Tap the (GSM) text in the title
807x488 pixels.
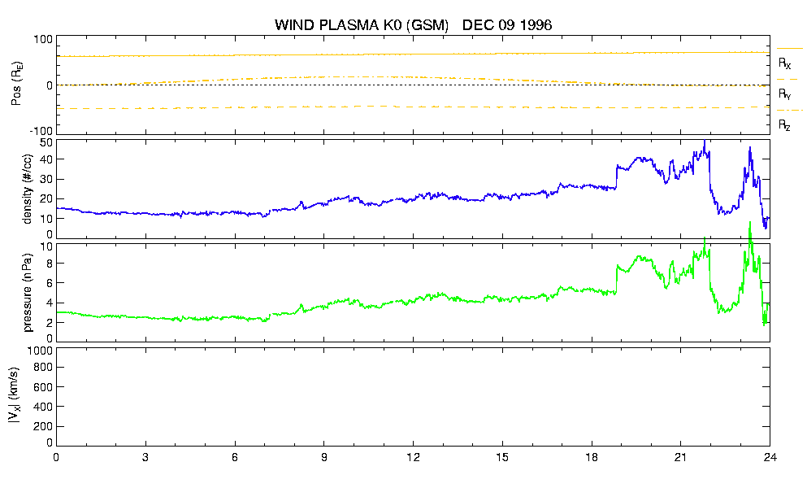427,25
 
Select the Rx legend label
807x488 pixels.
784,63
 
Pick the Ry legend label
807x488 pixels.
784,94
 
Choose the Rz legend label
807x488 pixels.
784,124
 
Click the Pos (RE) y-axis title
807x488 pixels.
16,84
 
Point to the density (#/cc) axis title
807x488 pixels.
28,190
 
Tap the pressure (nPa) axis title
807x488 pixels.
28,293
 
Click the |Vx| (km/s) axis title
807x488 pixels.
15,396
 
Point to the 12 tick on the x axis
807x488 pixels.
413,458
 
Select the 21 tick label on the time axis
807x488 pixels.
680,458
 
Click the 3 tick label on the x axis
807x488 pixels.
145,458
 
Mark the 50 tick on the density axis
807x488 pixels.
46,143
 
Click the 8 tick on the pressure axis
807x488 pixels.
50,264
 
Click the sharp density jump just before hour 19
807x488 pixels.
616,176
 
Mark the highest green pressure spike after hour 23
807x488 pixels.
750,223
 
